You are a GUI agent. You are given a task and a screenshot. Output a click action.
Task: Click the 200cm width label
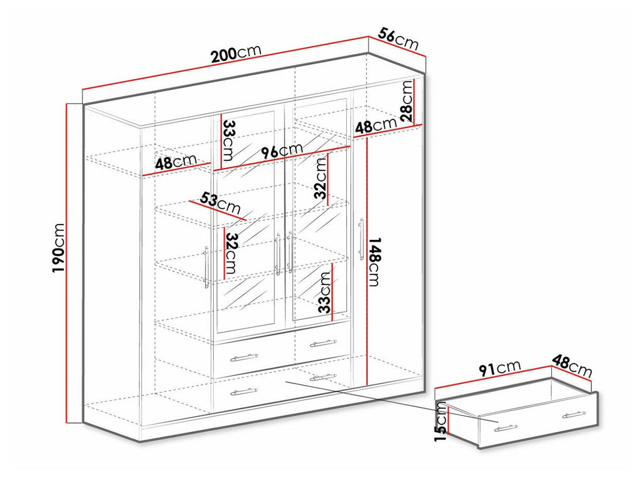(x=236, y=55)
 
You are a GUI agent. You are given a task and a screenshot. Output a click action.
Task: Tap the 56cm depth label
(x=398, y=38)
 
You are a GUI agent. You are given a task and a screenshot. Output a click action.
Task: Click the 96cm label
(x=282, y=151)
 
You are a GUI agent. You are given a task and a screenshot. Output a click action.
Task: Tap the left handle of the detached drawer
(x=506, y=428)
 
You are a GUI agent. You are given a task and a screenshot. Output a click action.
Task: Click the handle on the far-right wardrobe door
(x=361, y=237)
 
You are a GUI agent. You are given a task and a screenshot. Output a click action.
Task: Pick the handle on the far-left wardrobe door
(x=206, y=266)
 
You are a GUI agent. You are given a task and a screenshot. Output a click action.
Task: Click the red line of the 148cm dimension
(x=367, y=260)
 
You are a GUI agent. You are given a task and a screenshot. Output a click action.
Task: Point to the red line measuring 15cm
(x=449, y=420)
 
